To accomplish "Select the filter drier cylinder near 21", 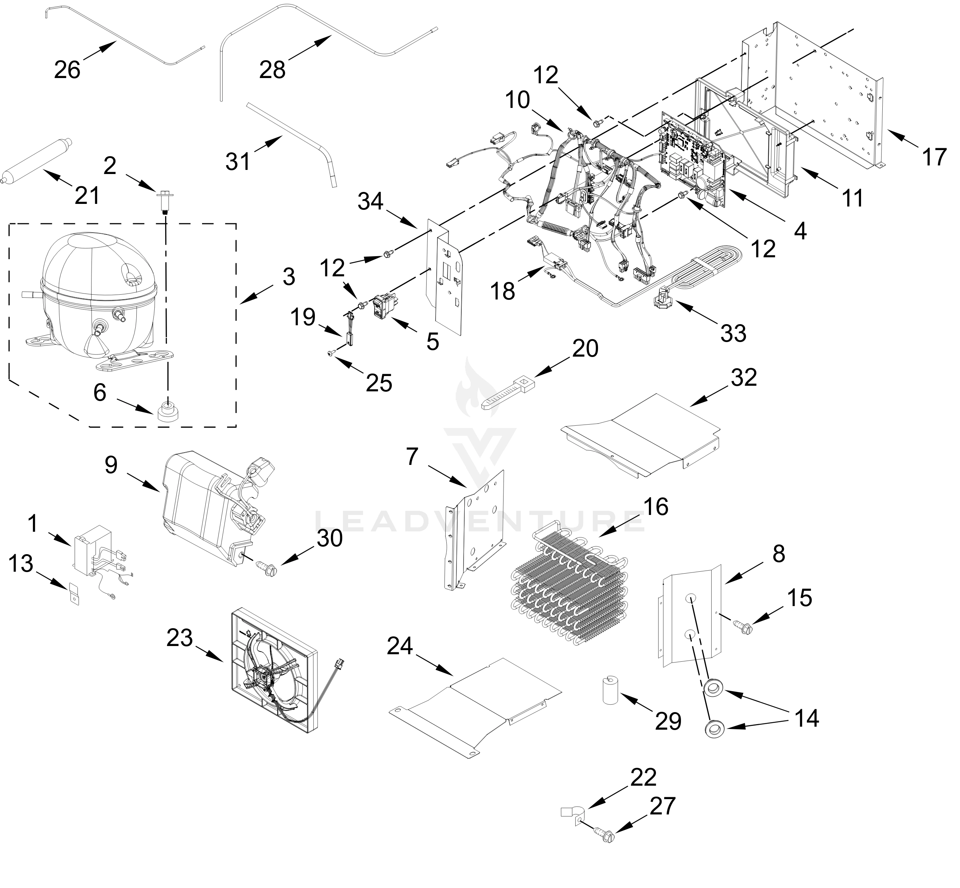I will point(37,161).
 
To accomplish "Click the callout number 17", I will point(934,157).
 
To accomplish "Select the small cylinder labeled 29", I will point(610,690).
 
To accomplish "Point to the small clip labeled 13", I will point(74,595).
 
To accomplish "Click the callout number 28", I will point(272,70).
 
